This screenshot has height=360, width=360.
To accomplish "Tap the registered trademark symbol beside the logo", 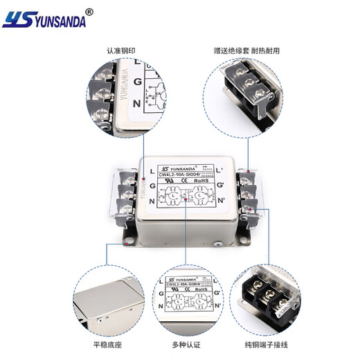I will coord(88,11).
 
